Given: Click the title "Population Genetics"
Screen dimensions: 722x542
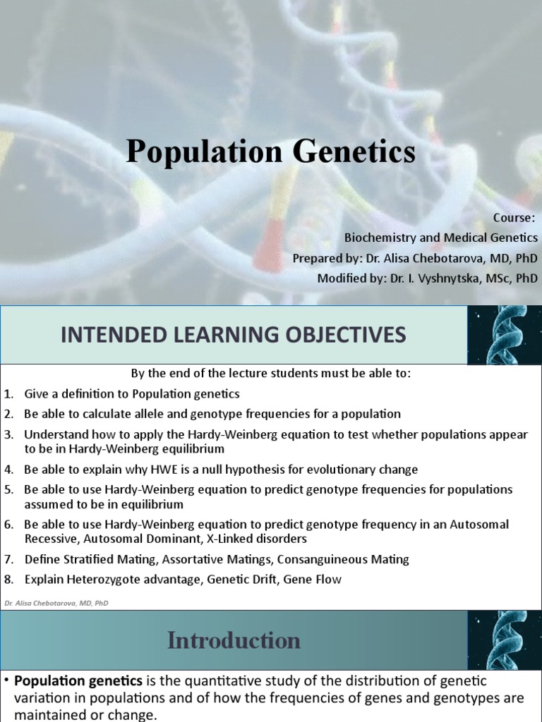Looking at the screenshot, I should point(271,152).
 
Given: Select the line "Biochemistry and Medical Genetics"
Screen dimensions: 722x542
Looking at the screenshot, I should point(440,238).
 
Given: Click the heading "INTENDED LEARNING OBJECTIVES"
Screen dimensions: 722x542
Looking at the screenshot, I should point(233,335).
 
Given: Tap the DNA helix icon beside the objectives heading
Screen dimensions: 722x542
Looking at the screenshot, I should point(504,334).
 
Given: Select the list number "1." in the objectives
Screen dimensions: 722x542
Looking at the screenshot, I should point(8,394).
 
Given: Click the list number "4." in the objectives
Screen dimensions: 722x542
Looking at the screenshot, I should point(8,470).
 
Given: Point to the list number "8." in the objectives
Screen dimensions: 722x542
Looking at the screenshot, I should point(8,580).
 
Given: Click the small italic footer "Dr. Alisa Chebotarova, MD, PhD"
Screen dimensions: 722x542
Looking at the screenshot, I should point(56,603).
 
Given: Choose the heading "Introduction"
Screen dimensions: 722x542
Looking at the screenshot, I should point(234,641).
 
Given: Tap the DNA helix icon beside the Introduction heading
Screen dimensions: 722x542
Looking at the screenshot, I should point(504,640).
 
